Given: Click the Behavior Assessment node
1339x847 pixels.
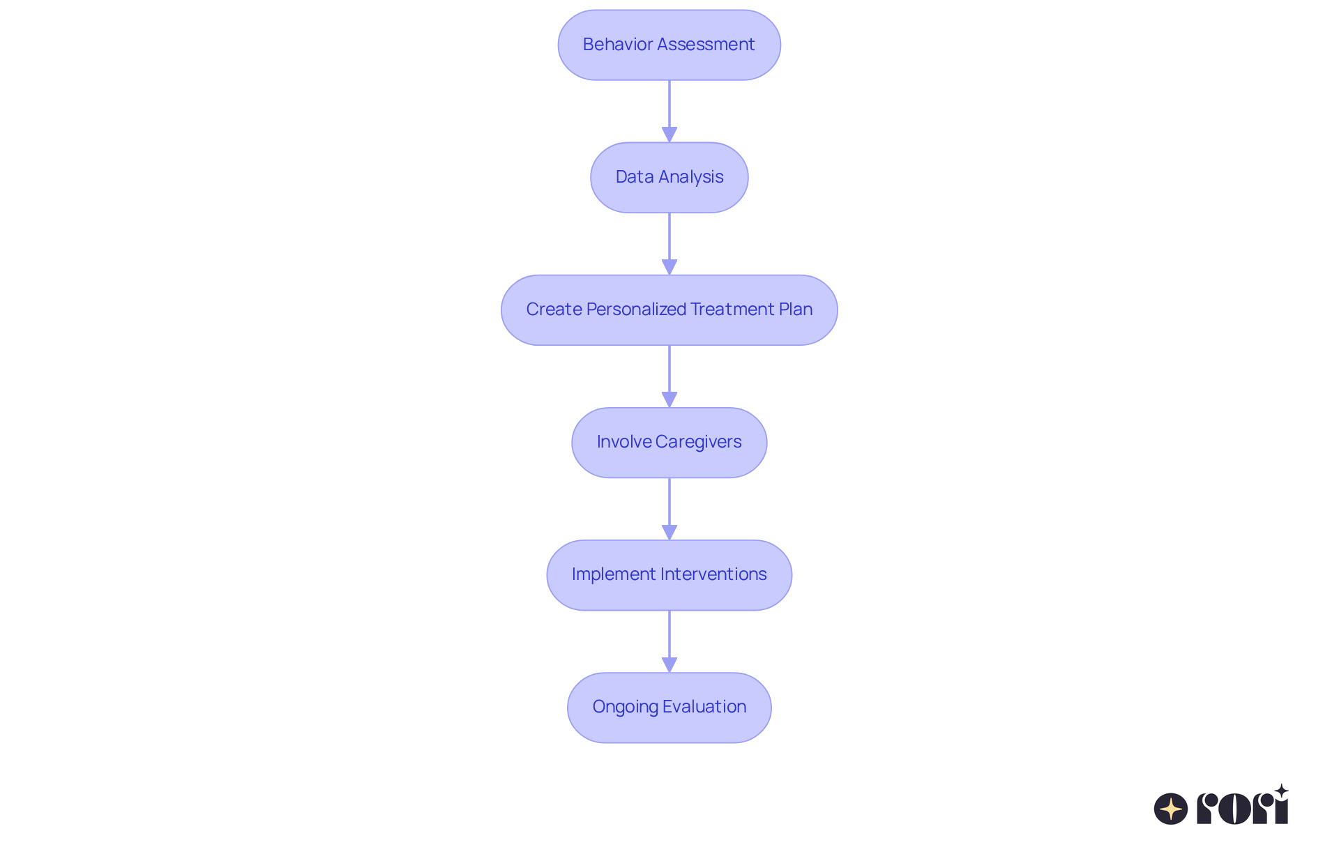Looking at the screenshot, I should pos(669,45).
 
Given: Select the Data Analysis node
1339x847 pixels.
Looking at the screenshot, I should pos(669,177).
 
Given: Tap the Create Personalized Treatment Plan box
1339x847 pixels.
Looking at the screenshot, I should pos(669,310).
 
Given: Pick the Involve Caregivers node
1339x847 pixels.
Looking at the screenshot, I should pos(669,442).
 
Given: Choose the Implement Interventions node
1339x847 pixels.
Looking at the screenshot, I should pos(669,574).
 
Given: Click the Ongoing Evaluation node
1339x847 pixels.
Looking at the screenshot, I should pos(669,707).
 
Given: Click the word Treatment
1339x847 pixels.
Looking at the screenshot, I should pos(732,310).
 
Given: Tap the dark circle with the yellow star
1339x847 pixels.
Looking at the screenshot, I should pos(1171,809).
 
